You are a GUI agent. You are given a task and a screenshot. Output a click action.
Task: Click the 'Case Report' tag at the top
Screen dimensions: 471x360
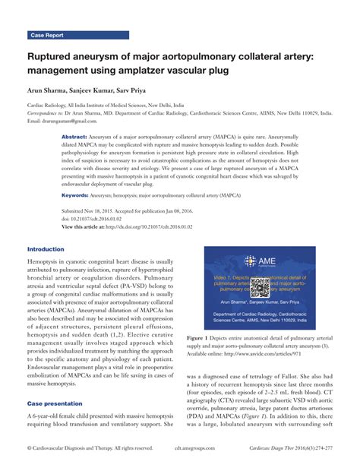47,36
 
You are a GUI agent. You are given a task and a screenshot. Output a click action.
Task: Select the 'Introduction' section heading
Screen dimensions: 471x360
46,249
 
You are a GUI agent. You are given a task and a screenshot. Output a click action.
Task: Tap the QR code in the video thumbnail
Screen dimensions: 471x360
261,286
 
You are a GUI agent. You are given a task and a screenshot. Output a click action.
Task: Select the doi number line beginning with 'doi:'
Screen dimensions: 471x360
93,219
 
